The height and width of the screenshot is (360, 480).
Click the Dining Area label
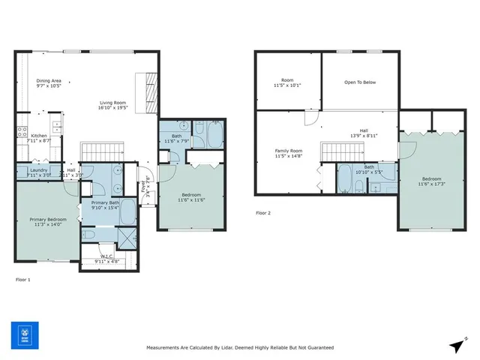pos(49,80)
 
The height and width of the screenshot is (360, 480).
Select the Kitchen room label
pos(39,136)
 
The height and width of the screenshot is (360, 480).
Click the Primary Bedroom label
pos(47,220)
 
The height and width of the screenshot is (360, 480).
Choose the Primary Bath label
pos(105,202)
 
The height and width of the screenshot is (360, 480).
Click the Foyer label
pos(145,181)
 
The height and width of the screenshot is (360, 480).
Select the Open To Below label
pos(359,82)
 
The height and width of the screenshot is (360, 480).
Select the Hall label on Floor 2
pos(363,130)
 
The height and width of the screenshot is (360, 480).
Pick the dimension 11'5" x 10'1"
pos(287,86)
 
